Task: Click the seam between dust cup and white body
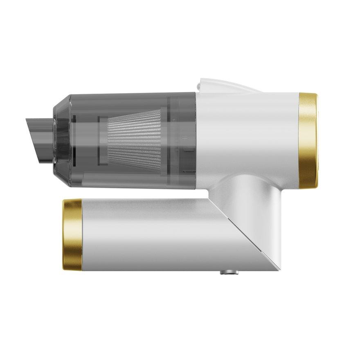pyautogui.click(x=195, y=139)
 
